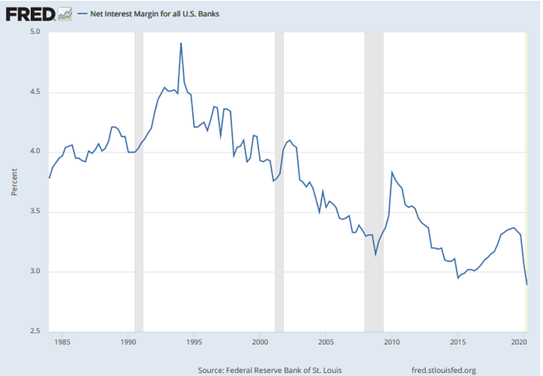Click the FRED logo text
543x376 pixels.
pyautogui.click(x=30, y=14)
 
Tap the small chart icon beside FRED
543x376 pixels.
pyautogui.click(x=65, y=14)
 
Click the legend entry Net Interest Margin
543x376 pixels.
pyautogui.click(x=154, y=14)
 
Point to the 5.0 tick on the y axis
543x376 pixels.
pyautogui.click(x=35, y=32)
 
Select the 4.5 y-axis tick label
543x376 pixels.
pyautogui.click(x=35, y=91)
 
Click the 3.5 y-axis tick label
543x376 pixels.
pyautogui.click(x=35, y=212)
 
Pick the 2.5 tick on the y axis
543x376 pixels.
pyautogui.click(x=35, y=331)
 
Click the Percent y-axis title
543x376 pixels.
pyautogui.click(x=14, y=182)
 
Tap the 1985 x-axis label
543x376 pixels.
pyautogui.click(x=62, y=342)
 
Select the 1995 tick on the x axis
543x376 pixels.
pyautogui.click(x=194, y=342)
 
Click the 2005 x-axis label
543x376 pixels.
pyautogui.click(x=326, y=342)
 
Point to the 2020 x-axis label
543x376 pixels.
pyautogui.click(x=520, y=342)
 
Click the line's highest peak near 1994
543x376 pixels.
pyautogui.click(x=181, y=43)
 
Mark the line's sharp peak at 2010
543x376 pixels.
pyautogui.click(x=392, y=172)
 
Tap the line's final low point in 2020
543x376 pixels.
pyautogui.click(x=527, y=285)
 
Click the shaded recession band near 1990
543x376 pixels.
pyautogui.click(x=139, y=182)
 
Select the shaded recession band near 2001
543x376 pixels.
pyautogui.click(x=279, y=182)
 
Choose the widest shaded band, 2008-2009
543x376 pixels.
pyautogui.click(x=374, y=182)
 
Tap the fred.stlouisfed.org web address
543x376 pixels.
pyautogui.click(x=444, y=370)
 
